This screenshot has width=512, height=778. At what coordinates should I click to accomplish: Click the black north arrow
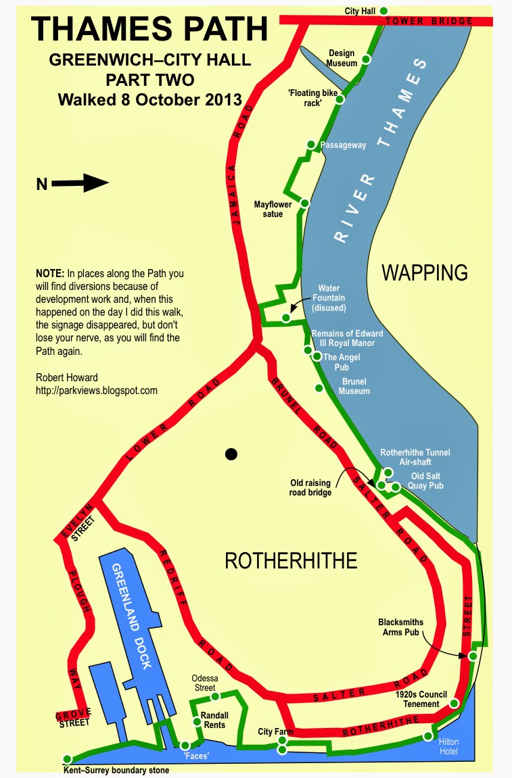click(x=80, y=183)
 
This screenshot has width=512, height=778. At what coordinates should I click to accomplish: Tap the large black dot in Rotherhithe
click(x=231, y=454)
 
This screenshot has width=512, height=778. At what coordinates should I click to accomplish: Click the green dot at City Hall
click(x=383, y=10)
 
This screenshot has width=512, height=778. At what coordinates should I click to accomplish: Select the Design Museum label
click(x=342, y=57)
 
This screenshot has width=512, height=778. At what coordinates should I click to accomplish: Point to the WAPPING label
click(x=425, y=273)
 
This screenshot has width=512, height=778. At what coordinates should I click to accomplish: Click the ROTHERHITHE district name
click(x=290, y=560)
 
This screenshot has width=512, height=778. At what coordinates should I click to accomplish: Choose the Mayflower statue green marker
click(x=305, y=203)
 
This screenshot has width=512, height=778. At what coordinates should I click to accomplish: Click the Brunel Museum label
click(x=354, y=386)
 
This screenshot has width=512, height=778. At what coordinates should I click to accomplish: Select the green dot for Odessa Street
click(x=215, y=696)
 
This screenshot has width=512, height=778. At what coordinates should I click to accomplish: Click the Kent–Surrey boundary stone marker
click(x=67, y=758)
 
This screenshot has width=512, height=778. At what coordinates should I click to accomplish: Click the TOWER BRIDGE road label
click(x=429, y=22)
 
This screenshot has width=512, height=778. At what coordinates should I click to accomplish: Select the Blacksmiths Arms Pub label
click(x=401, y=627)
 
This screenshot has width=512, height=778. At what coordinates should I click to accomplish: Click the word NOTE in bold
click(x=49, y=274)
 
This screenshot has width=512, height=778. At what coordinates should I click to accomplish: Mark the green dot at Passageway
click(x=311, y=144)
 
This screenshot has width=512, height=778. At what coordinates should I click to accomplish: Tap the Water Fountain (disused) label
click(x=328, y=298)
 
